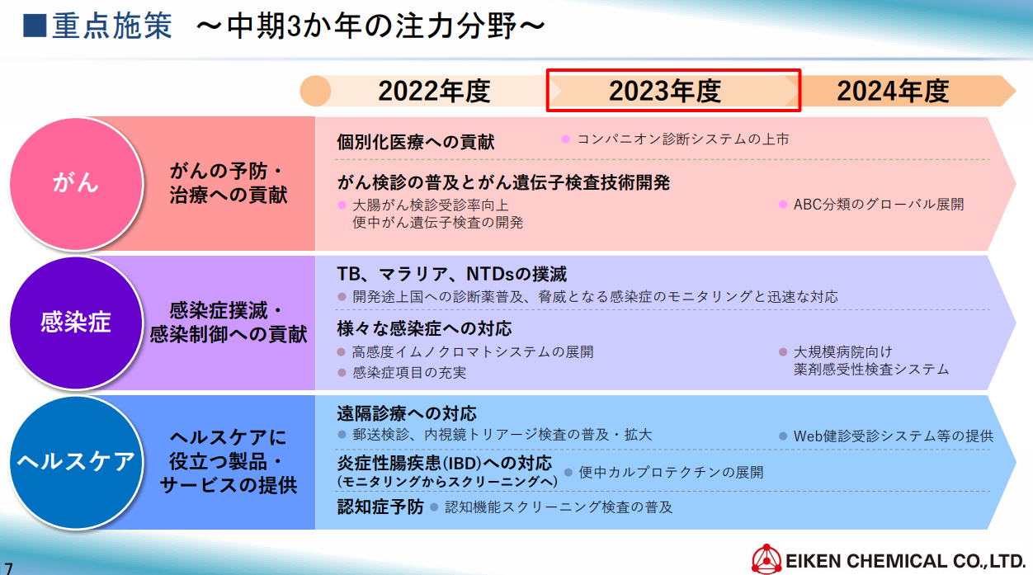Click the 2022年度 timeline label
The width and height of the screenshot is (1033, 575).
tap(434, 91)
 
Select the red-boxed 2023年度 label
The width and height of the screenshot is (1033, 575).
tap(664, 91)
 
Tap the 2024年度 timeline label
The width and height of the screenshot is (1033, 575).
tap(893, 91)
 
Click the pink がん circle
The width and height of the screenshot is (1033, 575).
tap(76, 183)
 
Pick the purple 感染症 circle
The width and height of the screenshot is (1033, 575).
tap(76, 323)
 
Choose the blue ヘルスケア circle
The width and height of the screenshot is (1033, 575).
tap(76, 462)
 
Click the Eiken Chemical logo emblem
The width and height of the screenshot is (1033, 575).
tap(766, 559)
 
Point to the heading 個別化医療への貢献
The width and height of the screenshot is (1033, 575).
tap(416, 142)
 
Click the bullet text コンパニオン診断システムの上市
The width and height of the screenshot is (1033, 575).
tap(683, 139)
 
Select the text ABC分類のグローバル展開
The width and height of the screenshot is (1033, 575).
tap(879, 205)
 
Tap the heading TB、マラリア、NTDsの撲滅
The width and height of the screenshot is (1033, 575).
tap(452, 274)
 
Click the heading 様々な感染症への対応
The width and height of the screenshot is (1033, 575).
tap(424, 329)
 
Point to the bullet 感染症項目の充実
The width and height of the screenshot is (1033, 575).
tap(409, 373)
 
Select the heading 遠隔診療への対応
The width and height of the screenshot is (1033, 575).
tap(406, 413)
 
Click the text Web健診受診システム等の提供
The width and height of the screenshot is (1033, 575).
tap(894, 436)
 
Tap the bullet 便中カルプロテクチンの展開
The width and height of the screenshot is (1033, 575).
tap(671, 472)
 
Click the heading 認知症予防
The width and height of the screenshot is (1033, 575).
tap(380, 507)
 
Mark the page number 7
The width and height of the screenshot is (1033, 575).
tap(8, 568)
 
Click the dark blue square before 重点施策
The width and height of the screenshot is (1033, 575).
tap(35, 26)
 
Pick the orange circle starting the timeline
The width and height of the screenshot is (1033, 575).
tap(316, 91)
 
